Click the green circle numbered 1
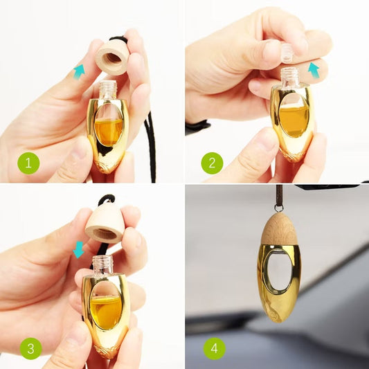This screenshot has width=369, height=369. pos(28,164)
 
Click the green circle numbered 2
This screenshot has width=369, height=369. pos(212,164)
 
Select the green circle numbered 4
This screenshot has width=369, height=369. pos(213,348)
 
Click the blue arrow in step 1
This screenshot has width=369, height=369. pos(80,71)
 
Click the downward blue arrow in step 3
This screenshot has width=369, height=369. pos(78,249)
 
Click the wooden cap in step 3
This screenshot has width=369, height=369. pos(105,223)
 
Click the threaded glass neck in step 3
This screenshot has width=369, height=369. pos(103,263)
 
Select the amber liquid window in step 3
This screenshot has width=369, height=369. pos(105,308)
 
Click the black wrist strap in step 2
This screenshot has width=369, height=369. pos(197,127)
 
